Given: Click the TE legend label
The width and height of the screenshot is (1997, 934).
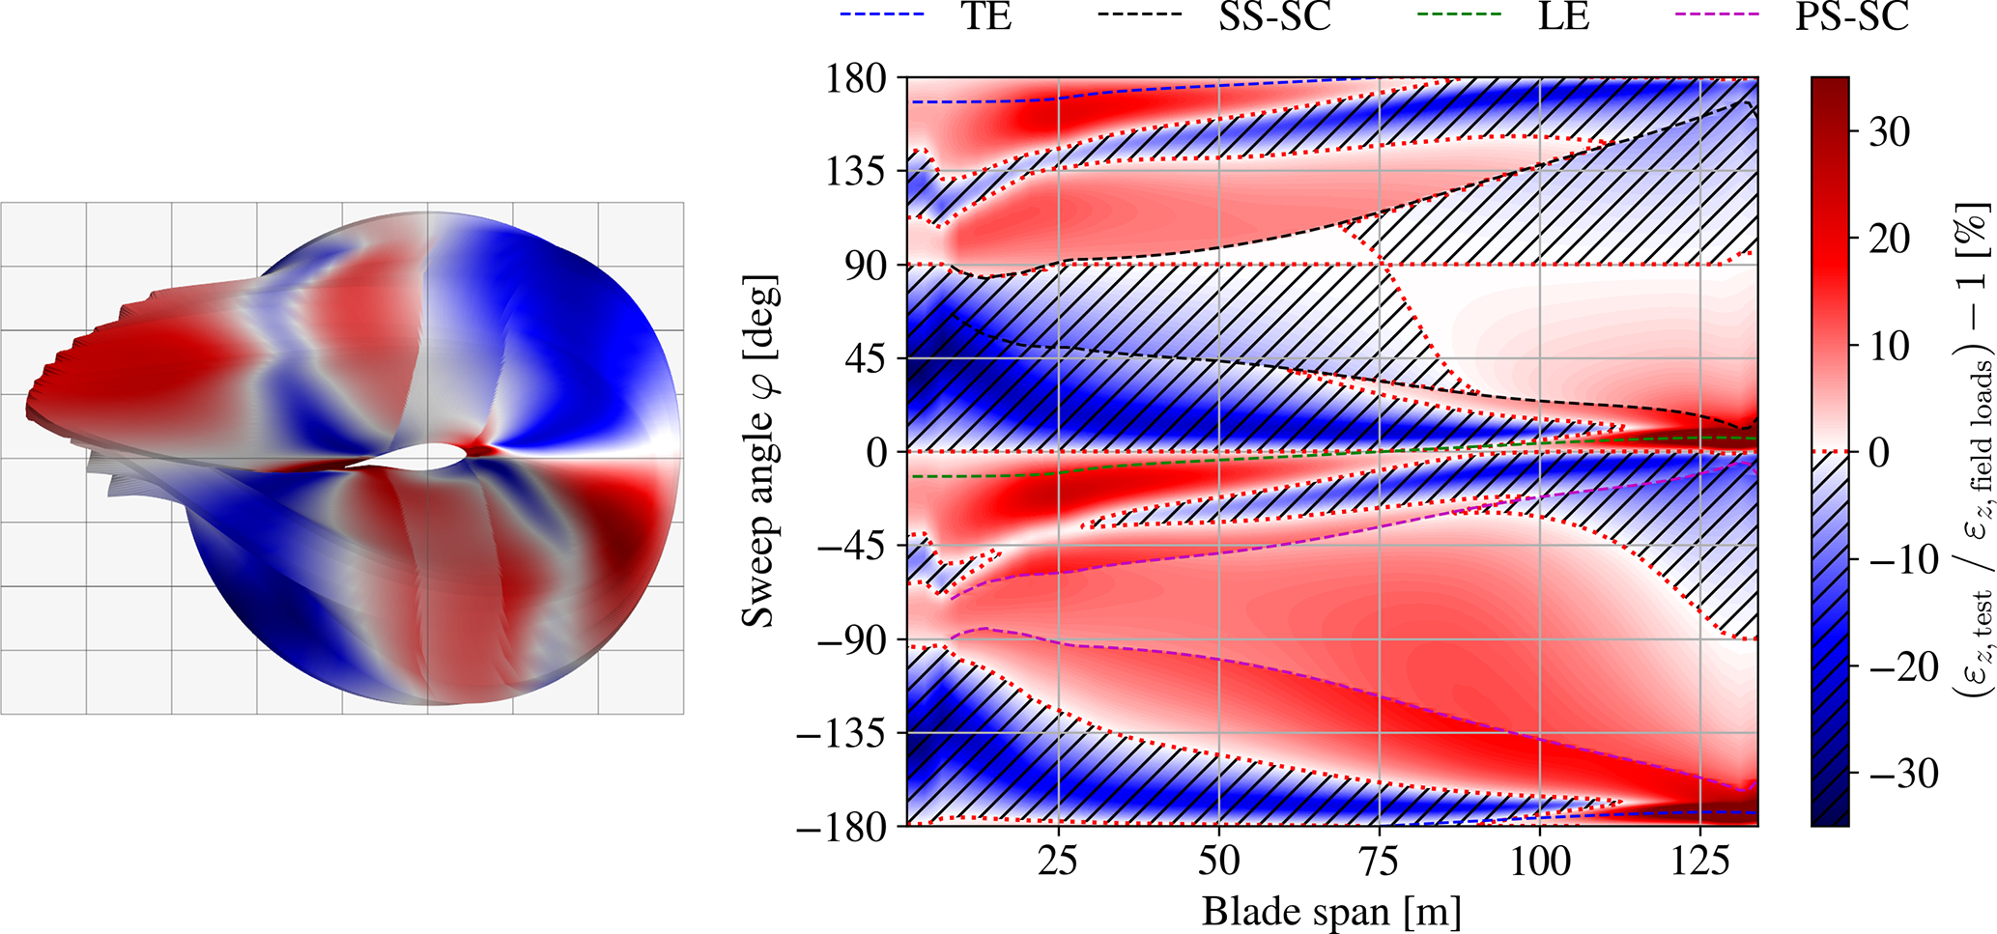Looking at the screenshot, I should (x=986, y=16).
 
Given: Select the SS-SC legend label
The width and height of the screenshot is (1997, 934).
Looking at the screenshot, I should (x=1274, y=16).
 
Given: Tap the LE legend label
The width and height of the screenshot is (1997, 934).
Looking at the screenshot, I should (x=1563, y=16).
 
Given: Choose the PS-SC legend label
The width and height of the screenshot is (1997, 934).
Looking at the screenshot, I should (x=1851, y=16).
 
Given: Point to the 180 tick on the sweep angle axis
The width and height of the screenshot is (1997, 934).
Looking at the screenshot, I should (x=856, y=78).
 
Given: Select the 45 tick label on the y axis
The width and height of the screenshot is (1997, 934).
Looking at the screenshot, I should (x=864, y=359).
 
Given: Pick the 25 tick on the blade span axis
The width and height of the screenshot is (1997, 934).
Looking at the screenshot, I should (x=1058, y=860).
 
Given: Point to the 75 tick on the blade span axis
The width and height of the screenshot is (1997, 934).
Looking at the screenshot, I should (x=1379, y=860).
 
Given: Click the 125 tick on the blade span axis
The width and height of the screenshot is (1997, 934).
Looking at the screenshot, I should (x=1699, y=860).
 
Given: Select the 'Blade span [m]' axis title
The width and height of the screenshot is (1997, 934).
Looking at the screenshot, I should (x=1330, y=911).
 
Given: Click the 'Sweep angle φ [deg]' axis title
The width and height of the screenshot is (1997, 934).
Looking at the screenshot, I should (x=759, y=452).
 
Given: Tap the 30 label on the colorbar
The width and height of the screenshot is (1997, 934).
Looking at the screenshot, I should (x=1889, y=131).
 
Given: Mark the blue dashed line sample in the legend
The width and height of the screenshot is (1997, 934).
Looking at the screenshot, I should (x=882, y=14).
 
